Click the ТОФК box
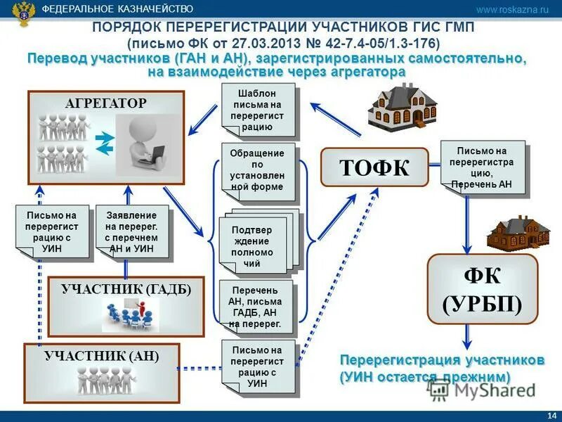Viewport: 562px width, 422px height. point(374,167)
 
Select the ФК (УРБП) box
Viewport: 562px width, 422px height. point(482,288)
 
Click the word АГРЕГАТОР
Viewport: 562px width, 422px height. point(106,103)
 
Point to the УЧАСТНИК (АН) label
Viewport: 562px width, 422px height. point(102,356)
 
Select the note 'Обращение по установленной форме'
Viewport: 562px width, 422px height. point(256,170)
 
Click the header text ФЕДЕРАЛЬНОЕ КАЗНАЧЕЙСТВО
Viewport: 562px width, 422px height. point(117,9)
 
